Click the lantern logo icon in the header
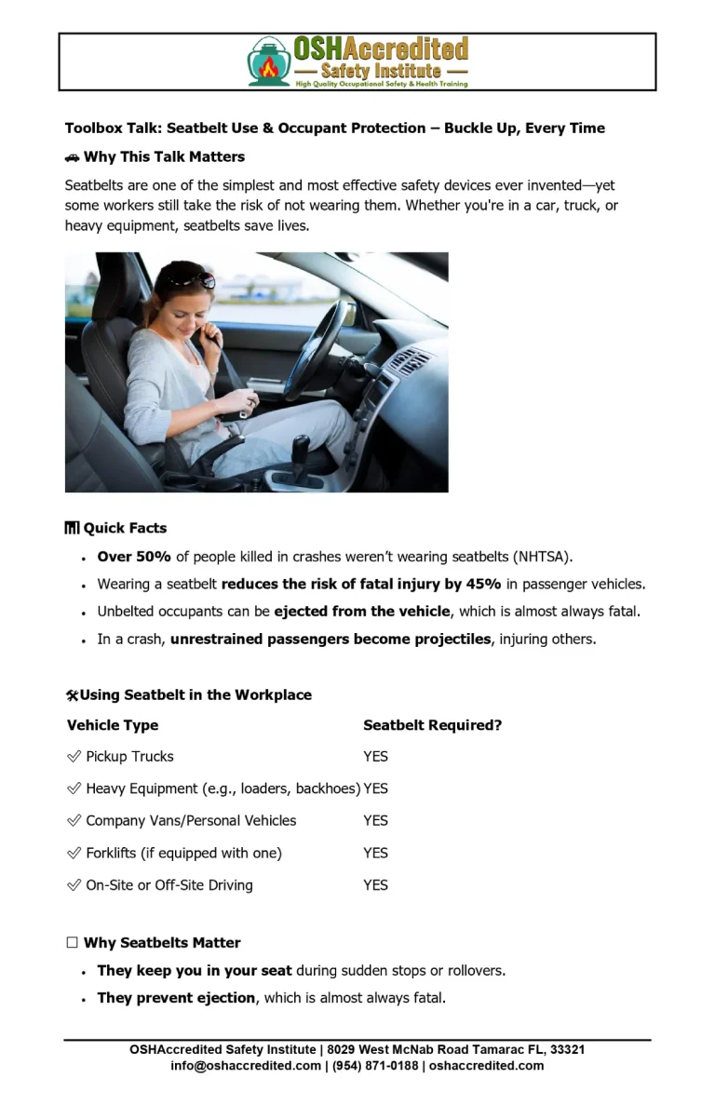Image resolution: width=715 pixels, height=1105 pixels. click(x=269, y=62)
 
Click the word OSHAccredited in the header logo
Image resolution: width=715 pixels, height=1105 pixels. click(x=380, y=48)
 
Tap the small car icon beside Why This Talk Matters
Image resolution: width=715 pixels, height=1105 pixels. click(x=73, y=157)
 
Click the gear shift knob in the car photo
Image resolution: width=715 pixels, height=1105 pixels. click(x=301, y=448)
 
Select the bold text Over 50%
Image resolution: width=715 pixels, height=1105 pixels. click(x=134, y=558)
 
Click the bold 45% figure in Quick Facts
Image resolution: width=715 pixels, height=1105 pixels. click(x=483, y=585)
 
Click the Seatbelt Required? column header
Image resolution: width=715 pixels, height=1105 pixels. click(x=432, y=725)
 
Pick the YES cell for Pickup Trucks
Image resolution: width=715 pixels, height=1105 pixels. click(x=375, y=757)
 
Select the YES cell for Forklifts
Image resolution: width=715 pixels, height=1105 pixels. click(x=375, y=853)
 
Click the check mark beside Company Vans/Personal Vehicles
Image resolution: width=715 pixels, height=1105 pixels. click(x=74, y=821)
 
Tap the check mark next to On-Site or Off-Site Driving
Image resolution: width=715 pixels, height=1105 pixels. click(x=74, y=885)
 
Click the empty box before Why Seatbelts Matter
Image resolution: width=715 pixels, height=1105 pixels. click(x=73, y=943)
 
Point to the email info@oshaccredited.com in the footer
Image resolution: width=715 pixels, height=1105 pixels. click(x=246, y=1066)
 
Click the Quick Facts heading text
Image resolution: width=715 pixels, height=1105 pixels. click(x=125, y=529)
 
